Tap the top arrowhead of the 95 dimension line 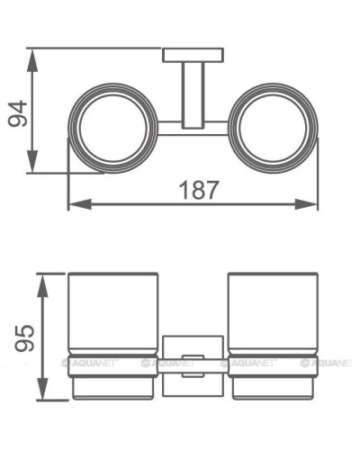point(41,274)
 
